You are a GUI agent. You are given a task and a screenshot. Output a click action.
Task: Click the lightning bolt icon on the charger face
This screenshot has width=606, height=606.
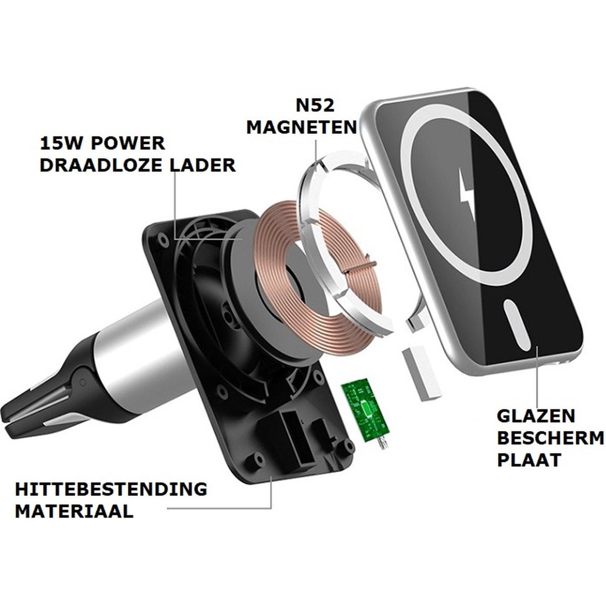[467, 190]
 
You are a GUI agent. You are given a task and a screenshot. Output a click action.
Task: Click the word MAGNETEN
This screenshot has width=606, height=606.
[301, 127]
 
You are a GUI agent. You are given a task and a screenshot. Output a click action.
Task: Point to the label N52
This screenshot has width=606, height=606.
[315, 106]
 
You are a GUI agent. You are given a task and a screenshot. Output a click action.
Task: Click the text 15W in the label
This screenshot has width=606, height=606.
[61, 143]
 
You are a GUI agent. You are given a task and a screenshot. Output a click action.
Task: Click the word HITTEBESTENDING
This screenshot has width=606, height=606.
[111, 497]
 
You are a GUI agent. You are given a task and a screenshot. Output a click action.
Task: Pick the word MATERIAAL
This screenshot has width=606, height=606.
[74, 520]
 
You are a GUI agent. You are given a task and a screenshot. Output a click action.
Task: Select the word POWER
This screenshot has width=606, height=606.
[128, 143]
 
